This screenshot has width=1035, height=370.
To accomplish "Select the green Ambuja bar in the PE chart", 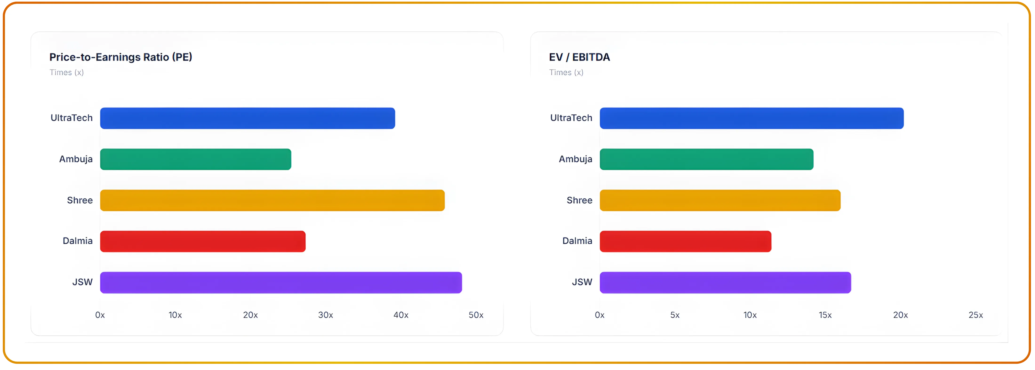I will (x=196, y=159).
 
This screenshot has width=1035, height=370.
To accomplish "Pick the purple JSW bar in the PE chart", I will (x=281, y=282).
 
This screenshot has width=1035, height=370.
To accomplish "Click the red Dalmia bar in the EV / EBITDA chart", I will (x=685, y=241).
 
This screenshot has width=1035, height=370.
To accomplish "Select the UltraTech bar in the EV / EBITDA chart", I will (x=751, y=118).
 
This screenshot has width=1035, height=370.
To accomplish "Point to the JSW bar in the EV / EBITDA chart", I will (x=725, y=282).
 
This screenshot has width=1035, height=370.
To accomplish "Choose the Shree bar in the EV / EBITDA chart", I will (x=720, y=200).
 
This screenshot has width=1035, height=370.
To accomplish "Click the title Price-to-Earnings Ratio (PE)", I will (x=120, y=57).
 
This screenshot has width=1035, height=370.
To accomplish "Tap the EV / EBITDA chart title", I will (x=579, y=57).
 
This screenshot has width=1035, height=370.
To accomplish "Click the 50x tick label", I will (x=476, y=315).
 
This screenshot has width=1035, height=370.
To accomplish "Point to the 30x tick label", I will (x=325, y=315).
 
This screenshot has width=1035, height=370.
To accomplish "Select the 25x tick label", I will (x=975, y=315).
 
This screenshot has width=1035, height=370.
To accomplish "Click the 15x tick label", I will (x=825, y=315).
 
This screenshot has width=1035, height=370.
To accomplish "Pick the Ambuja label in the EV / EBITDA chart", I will (x=575, y=159).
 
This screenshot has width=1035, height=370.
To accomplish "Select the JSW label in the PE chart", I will (x=82, y=282).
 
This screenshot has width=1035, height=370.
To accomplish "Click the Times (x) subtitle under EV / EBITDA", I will (x=566, y=72).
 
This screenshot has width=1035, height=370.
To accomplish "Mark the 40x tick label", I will (x=401, y=315).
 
